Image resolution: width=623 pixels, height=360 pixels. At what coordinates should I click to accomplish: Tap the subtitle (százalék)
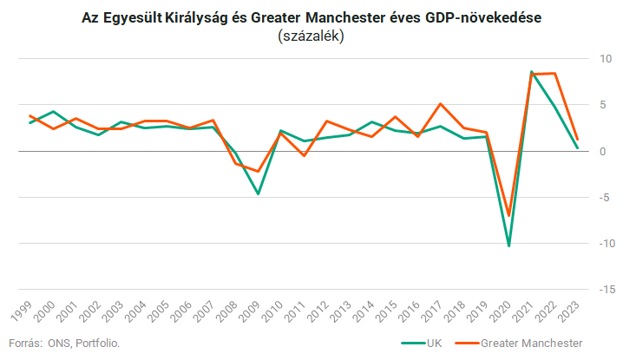point(311,36)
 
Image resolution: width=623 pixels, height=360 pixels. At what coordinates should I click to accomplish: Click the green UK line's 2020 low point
point(509,245)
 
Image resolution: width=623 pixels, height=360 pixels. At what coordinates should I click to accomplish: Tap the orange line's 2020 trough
point(509,215)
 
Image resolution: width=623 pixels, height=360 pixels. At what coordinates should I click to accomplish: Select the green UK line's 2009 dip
point(258,193)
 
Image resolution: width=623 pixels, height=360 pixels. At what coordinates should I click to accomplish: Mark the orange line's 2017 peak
point(441,104)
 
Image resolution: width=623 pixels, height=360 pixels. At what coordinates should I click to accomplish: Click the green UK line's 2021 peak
point(531,71)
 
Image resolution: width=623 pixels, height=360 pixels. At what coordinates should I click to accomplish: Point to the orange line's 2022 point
point(554,73)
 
